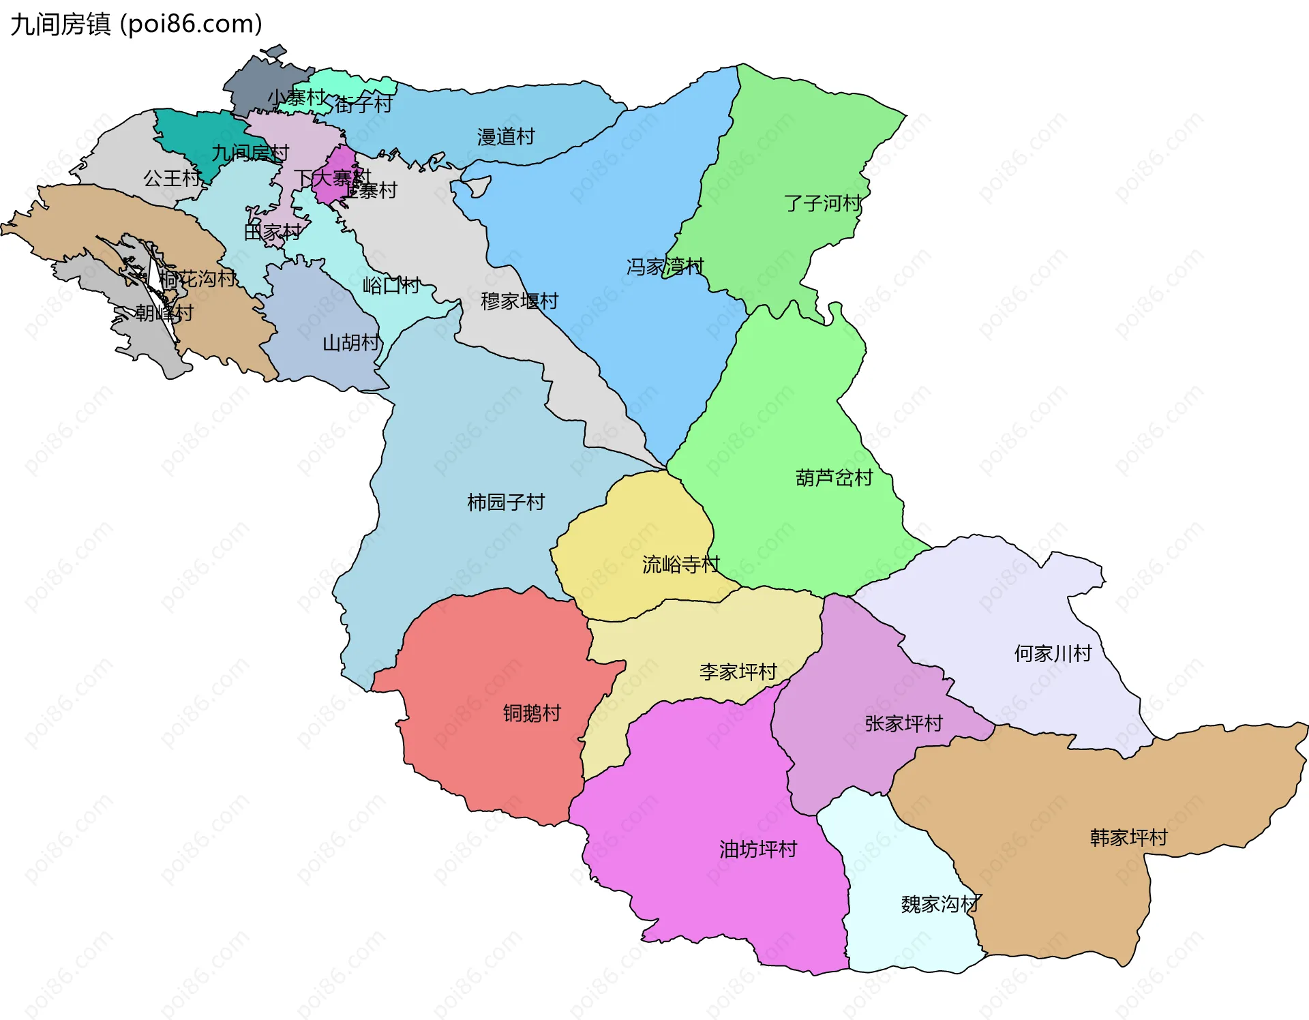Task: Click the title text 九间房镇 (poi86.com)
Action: (136, 25)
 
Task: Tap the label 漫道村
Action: (505, 137)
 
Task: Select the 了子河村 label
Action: (822, 203)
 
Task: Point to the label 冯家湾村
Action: (665, 267)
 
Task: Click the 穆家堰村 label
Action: (520, 301)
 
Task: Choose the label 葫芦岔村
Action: (834, 477)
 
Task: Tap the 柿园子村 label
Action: (506, 502)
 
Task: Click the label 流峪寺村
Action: (680, 565)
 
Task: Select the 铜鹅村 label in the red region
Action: (532, 713)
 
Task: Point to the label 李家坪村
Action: (738, 672)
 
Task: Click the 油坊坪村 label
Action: (758, 849)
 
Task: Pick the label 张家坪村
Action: (903, 723)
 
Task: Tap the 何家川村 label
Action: (1053, 654)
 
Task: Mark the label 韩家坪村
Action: (1128, 837)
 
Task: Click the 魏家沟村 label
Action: (940, 904)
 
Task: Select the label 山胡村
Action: (350, 342)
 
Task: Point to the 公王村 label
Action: (172, 179)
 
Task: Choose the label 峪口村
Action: (391, 285)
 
